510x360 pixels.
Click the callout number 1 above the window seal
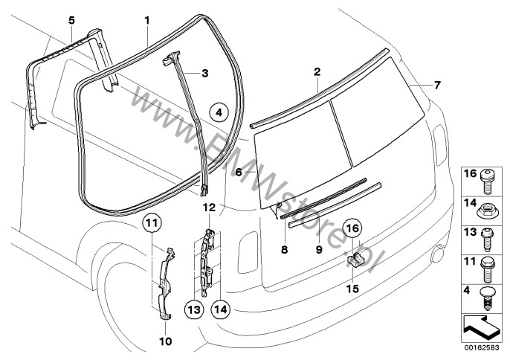coord(147,17)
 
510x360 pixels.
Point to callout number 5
coord(71,17)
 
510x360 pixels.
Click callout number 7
coord(437,85)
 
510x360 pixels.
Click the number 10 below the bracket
coord(165,341)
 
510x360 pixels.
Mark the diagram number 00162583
coord(480,347)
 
